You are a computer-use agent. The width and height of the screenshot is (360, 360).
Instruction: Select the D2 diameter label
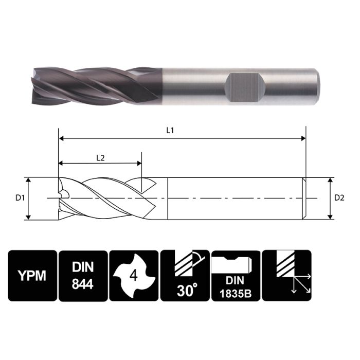(339, 198)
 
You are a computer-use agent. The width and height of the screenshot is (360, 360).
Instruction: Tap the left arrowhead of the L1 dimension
(62, 138)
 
